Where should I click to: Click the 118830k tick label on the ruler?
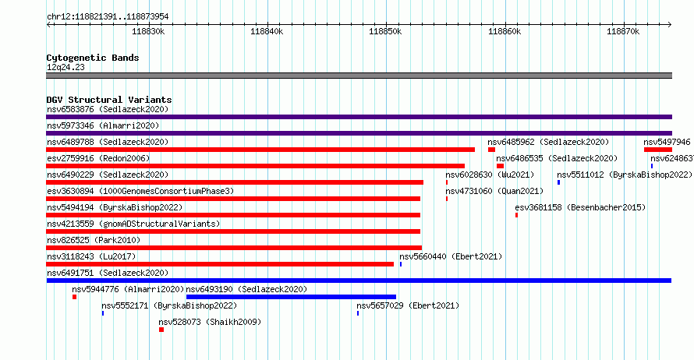coord(148,31)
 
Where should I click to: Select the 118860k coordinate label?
coord(505,31)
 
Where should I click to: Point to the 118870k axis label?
coord(623,31)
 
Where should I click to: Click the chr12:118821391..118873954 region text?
coord(108,17)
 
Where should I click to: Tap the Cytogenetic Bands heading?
coord(93,58)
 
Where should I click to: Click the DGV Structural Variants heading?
coord(109,100)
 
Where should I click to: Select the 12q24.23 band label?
coord(66,67)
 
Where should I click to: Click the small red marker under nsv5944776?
coord(74,297)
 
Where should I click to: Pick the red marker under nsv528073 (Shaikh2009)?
coord(161,330)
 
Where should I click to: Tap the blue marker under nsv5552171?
coord(103,313)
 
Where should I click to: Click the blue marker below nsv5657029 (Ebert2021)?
coord(358,313)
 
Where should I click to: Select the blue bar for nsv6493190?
coord(291,297)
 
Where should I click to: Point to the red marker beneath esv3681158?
coord(516,215)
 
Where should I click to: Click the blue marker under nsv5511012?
coord(558,182)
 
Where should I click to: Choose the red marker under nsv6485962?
coord(491,150)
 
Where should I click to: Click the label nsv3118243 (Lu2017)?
coord(91,256)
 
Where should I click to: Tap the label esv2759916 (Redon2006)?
coord(98,158)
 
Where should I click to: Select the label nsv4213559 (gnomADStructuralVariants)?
coord(133,224)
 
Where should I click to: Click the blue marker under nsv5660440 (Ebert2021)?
coord(401,264)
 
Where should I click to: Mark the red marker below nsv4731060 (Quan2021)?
coord(447,199)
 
